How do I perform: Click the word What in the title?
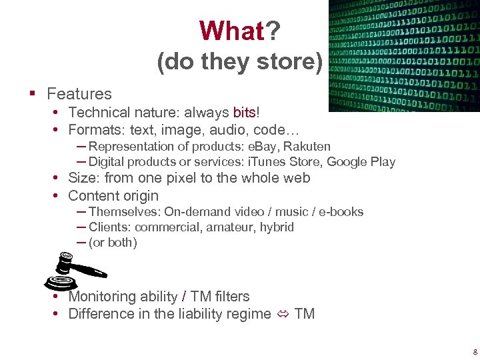(x=231, y=31)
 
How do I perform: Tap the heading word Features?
(x=79, y=94)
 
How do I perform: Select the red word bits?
(x=244, y=112)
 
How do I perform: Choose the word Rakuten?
(x=307, y=146)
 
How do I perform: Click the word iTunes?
(x=264, y=162)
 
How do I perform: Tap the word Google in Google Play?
(x=347, y=162)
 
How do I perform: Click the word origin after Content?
(x=139, y=195)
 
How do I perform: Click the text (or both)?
(x=113, y=243)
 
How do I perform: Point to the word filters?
(x=231, y=297)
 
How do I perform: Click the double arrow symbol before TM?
(x=282, y=314)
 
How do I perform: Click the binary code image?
(x=404, y=55)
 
